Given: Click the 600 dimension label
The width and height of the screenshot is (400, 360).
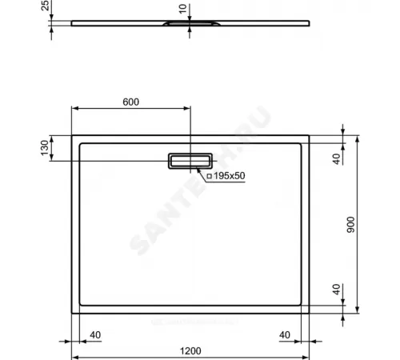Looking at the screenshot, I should point(131,102).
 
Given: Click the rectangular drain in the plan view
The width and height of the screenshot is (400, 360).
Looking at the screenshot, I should point(190,162).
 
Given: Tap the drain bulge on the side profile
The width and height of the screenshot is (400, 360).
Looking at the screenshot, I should point(190,25).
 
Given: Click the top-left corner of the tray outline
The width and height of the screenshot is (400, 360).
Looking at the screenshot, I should point(74,135).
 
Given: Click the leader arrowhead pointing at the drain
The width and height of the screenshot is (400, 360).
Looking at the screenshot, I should point(196,170).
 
